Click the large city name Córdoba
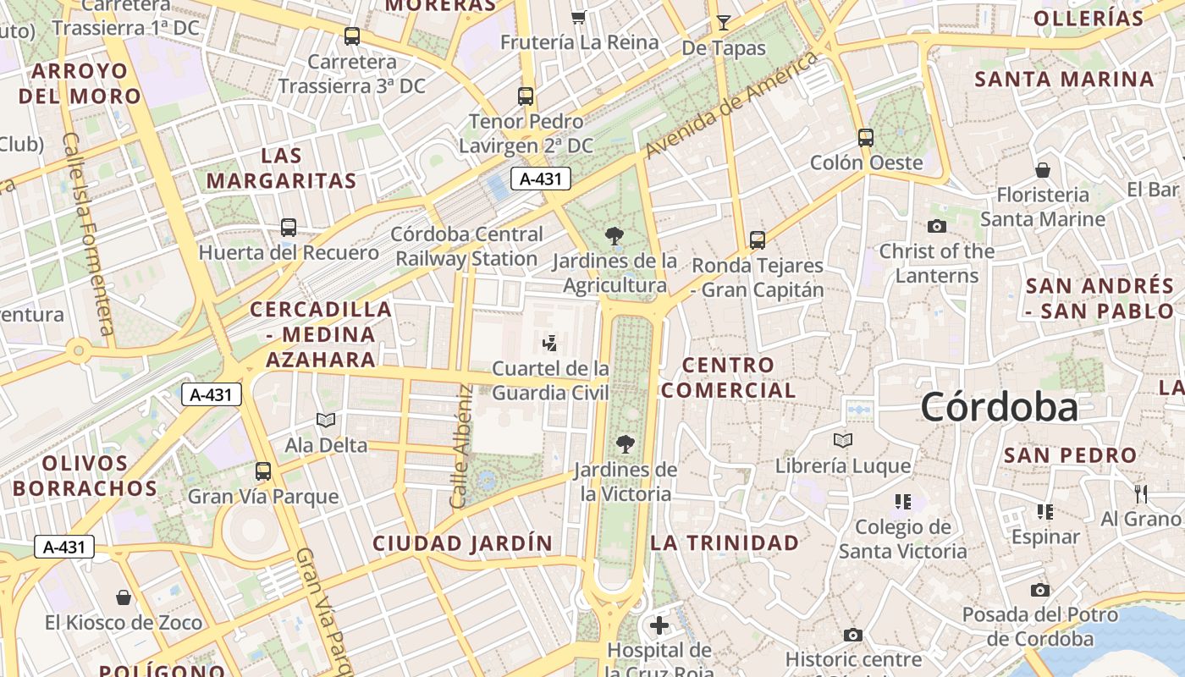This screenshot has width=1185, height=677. [x=1000, y=407]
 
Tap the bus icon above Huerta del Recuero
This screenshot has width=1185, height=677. [x=289, y=227]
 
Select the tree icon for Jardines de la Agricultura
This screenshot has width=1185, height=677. [x=615, y=236]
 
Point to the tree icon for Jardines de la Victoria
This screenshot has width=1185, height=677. [x=626, y=443]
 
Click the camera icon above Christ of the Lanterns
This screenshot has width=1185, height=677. [x=936, y=226]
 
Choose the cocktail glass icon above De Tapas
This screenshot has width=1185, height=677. [x=723, y=22]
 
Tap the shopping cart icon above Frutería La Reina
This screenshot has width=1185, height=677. [x=579, y=17]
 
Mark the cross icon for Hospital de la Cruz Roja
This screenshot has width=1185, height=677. [x=659, y=626]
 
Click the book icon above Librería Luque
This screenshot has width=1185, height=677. [x=843, y=440]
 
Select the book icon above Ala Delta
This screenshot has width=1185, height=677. [x=326, y=420]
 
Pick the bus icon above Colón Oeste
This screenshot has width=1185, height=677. [x=866, y=137]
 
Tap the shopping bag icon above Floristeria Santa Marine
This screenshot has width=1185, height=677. [x=1043, y=170]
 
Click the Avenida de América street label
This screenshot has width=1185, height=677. [x=733, y=104]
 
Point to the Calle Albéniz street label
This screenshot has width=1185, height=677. [x=461, y=447]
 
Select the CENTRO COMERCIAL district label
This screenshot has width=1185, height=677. [x=728, y=377]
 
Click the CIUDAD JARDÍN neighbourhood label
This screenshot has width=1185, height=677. [x=463, y=543]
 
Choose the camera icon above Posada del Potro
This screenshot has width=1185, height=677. [x=1040, y=590]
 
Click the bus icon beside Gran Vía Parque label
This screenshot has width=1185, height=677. [x=263, y=471]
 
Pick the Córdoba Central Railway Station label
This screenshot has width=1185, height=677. [x=467, y=246]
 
